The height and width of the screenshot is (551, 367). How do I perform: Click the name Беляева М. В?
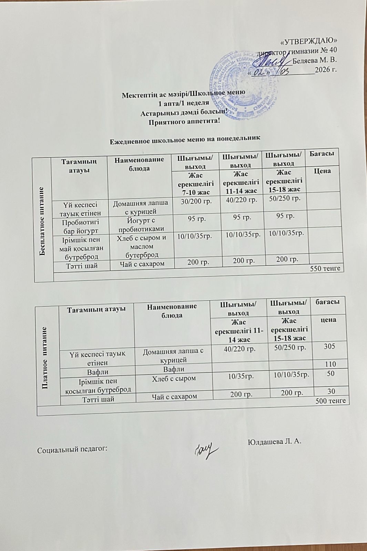pyautogui.click(x=315, y=60)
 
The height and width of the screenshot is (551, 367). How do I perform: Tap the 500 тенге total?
pyautogui.click(x=330, y=401)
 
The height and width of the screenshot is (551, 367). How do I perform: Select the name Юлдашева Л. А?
pyautogui.click(x=275, y=441)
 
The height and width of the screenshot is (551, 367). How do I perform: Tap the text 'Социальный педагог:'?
pyautogui.click(x=72, y=449)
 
